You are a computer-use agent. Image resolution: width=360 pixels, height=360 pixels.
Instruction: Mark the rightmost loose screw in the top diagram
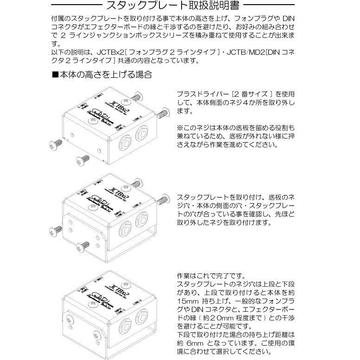point(163,112)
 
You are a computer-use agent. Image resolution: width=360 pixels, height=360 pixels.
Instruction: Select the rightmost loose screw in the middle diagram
point(163,200)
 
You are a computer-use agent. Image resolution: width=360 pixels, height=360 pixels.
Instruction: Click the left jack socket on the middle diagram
point(126,227)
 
